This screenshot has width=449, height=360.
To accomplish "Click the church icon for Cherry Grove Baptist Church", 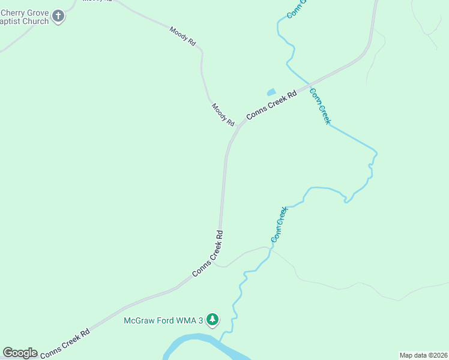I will (58, 16).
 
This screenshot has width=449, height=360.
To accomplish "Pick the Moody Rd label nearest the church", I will (182, 37).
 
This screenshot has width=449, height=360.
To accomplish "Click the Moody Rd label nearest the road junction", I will (223, 114).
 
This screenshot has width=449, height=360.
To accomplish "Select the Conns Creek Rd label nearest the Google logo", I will (65, 344).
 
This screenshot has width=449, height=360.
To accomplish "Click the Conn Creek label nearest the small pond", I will (319, 106).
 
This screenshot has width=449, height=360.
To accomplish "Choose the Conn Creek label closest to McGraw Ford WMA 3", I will (279, 224).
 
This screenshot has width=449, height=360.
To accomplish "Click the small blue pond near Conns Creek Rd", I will (271, 92).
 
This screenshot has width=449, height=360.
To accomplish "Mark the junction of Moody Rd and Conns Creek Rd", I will (239, 126).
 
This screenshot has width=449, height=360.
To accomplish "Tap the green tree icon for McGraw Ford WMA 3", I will (212, 320).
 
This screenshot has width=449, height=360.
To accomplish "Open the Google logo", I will (20, 353).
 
